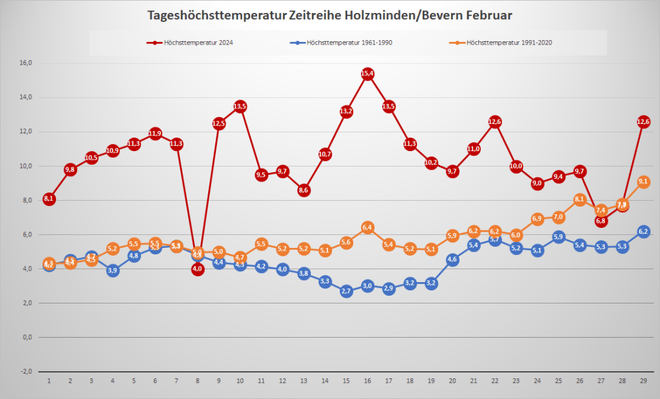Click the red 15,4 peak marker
point(367,74)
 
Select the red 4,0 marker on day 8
point(198,269)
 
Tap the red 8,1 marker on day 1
point(49,199)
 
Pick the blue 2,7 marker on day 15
point(346,291)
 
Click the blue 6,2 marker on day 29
point(643,231)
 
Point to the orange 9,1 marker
point(643,182)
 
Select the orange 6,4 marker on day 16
point(367,227)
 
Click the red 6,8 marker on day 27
point(601,221)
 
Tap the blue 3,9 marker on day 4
point(113,271)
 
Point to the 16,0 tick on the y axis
point(26,63)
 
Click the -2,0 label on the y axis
point(26,371)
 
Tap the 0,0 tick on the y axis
point(26,337)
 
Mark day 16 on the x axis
point(367,381)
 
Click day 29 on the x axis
point(643,381)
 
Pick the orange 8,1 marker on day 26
point(579,199)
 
